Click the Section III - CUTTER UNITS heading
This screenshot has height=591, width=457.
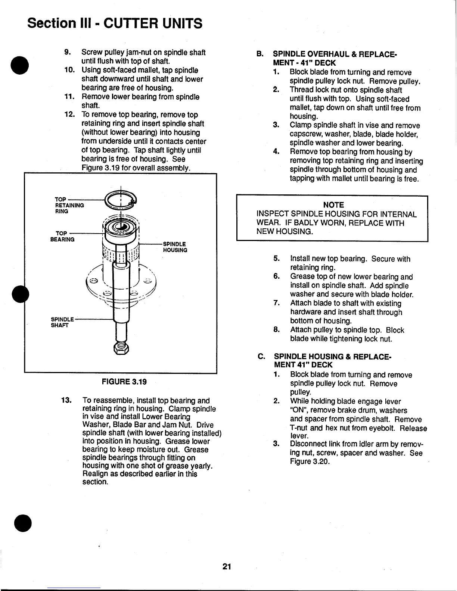pyautogui.click(x=115, y=23)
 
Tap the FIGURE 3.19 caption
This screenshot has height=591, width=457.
pyautogui.click(x=124, y=382)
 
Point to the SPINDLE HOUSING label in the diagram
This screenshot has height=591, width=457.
pyautogui.click(x=175, y=247)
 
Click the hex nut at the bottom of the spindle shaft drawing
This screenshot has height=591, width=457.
pyautogui.click(x=121, y=349)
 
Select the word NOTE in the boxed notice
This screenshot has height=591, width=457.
pyautogui.click(x=333, y=205)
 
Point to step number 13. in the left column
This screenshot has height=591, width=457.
pyautogui.click(x=67, y=401)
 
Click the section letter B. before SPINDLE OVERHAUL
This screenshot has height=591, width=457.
pyautogui.click(x=260, y=54)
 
